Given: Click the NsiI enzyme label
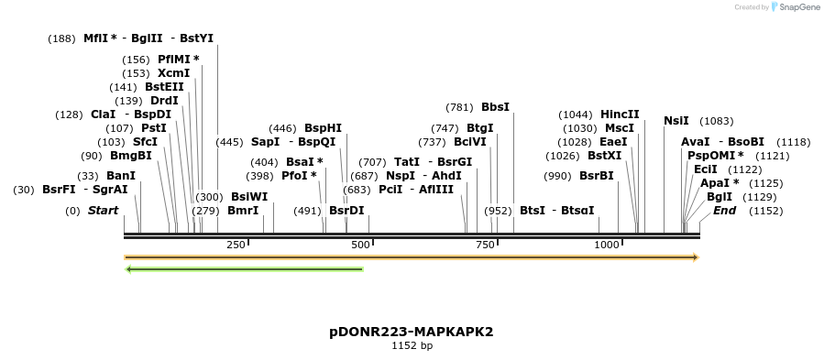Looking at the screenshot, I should (x=676, y=120).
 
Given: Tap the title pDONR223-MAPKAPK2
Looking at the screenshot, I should (x=412, y=331).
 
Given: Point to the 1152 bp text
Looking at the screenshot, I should (x=412, y=345).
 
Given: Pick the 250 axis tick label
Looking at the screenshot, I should (x=236, y=245).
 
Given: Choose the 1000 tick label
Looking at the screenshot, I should (x=607, y=245).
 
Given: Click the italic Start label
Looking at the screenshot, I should (x=103, y=211).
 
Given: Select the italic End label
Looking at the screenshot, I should (x=724, y=211).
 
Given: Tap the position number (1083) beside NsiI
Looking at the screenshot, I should (x=716, y=121).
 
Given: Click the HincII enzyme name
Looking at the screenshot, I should (x=620, y=115).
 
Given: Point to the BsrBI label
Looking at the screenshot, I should (x=596, y=176).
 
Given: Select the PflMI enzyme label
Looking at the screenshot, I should (x=178, y=60).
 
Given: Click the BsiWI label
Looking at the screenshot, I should (x=249, y=197).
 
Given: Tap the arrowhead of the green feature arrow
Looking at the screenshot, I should (x=130, y=269).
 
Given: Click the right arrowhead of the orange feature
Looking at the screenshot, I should (x=695, y=257).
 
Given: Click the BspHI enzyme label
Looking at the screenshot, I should (x=323, y=128).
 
